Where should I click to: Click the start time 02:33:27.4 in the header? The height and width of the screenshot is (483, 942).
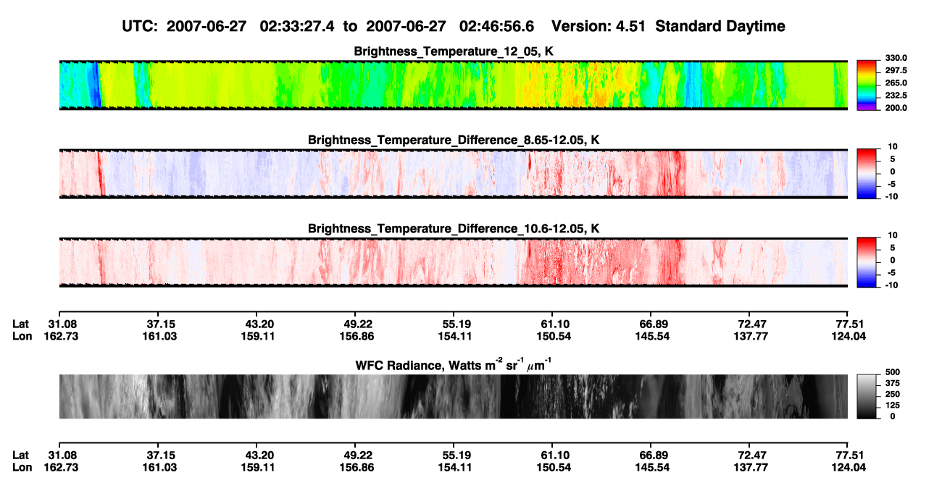[297, 27]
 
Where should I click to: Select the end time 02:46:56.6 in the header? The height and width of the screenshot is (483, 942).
[496, 27]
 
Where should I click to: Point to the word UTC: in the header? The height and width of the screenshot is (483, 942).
[140, 27]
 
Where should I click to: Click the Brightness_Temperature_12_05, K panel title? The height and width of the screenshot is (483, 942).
[454, 51]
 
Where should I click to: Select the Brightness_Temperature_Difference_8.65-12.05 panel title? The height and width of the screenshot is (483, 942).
[454, 140]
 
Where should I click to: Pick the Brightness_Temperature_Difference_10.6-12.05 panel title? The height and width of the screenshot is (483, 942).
[454, 229]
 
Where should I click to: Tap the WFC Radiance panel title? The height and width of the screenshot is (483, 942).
[454, 365]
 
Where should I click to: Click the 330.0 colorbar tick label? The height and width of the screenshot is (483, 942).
[896, 58]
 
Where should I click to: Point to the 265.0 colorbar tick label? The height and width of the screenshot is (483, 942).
[896, 83]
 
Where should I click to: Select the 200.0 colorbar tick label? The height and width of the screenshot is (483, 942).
[896, 108]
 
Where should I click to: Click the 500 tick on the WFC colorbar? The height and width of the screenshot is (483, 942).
[893, 372]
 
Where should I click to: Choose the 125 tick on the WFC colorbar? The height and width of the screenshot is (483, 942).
[893, 406]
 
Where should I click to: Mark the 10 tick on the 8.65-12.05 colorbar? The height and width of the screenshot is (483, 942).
[893, 147]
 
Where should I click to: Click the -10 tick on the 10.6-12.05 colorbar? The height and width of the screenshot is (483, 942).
[891, 285]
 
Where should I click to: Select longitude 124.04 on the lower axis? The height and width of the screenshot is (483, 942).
[849, 468]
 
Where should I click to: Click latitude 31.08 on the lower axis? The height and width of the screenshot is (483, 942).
[62, 455]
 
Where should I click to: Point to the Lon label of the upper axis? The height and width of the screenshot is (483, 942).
[22, 336]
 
